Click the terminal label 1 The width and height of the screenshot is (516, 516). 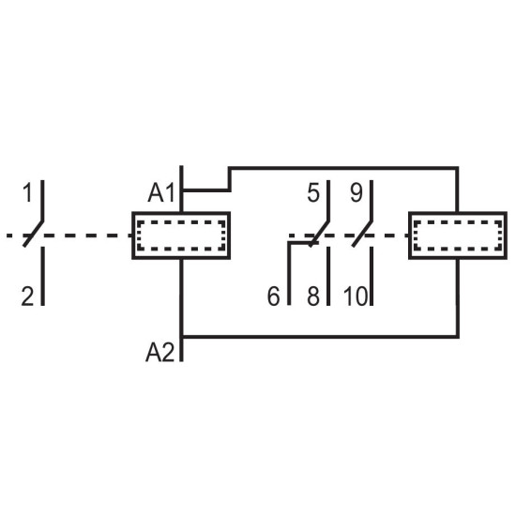tap(27, 193)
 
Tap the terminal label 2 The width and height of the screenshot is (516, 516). tap(27, 296)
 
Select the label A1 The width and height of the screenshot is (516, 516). tap(161, 193)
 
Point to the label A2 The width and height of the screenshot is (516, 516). tap(159, 353)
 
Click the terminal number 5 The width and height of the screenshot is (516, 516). tap(313, 193)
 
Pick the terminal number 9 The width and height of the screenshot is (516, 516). tap(357, 193)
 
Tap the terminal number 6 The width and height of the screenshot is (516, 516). tap(273, 296)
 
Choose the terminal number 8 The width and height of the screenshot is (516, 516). tap(313, 296)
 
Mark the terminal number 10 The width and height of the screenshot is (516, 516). tap(356, 296)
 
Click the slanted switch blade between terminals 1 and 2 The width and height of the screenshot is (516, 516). tap(33, 234)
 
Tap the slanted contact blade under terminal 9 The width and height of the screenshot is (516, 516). tap(362, 234)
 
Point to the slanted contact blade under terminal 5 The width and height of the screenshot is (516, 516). tap(319, 234)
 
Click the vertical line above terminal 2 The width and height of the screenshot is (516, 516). tap(42, 276)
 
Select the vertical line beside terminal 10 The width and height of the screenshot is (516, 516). tap(372, 276)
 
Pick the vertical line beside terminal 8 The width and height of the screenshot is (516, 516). tap(328, 276)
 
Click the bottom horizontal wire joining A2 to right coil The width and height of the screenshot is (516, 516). tap(321, 337)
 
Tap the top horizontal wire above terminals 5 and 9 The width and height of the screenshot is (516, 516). tap(343, 169)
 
